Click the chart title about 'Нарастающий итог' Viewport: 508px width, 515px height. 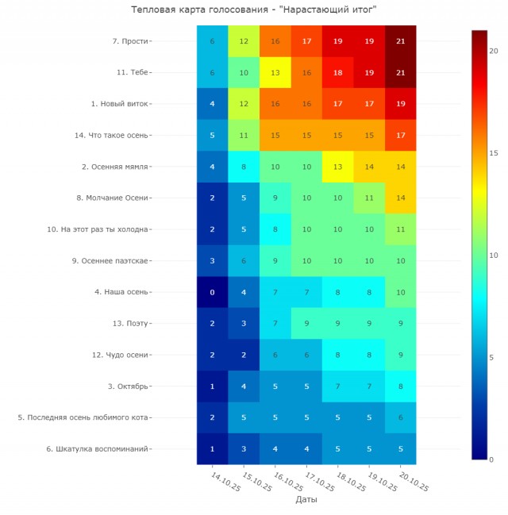(254, 10)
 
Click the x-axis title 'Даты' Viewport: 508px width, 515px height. (306, 500)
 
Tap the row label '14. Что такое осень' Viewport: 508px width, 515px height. (111, 136)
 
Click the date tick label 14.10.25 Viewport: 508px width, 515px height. (225, 481)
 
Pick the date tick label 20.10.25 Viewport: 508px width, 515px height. (413, 481)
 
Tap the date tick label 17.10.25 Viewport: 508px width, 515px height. (319, 481)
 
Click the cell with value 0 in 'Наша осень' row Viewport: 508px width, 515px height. (212, 292)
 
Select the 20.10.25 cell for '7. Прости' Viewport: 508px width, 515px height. (400, 41)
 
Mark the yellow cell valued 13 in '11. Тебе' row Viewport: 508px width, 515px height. (275, 72)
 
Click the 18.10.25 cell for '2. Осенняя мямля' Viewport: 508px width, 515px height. (337, 167)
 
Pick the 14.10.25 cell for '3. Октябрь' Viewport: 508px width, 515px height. (212, 386)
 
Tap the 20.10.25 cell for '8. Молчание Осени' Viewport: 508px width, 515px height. (400, 198)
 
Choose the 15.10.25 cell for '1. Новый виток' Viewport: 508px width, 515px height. (244, 104)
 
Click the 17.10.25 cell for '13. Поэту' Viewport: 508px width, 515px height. (306, 324)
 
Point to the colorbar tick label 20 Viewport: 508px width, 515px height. (493, 51)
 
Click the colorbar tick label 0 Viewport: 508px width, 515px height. (491, 459)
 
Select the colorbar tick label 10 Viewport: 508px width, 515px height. (493, 255)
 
